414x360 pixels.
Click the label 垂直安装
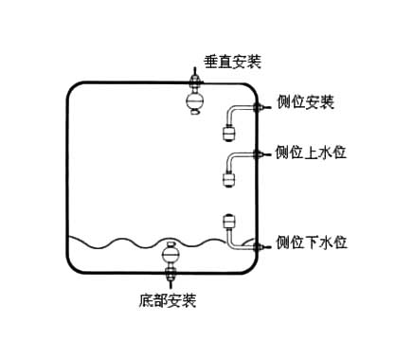pyautogui.click(x=232, y=63)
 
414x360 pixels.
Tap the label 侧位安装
pyautogui.click(x=305, y=101)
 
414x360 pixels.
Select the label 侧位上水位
pyautogui.click(x=311, y=153)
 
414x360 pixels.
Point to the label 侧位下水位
pyautogui.click(x=311, y=243)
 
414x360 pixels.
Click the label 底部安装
pyautogui.click(x=168, y=301)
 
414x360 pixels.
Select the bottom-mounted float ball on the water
pyautogui.click(x=171, y=253)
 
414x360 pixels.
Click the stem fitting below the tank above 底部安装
pyautogui.click(x=171, y=276)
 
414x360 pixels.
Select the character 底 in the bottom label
pyautogui.click(x=146, y=301)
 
